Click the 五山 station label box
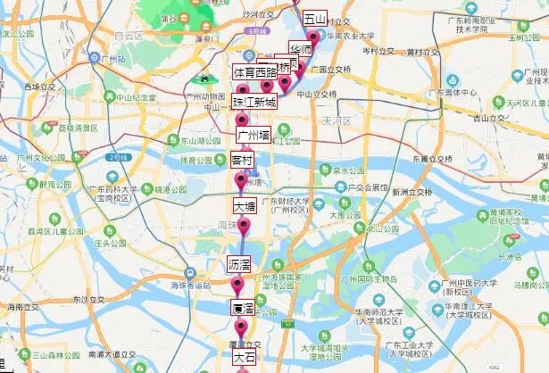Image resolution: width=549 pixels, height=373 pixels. tap(315, 19)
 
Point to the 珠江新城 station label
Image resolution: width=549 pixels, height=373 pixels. tap(254, 103)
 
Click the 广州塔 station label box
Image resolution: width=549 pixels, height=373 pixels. tap(252, 134)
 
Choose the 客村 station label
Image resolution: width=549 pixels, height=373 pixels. tap(242, 162)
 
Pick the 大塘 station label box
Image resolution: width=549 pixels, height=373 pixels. tap(245, 205)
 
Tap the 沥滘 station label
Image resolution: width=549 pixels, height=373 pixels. tap(239, 265)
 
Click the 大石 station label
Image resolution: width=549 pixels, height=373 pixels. tap(244, 357)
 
